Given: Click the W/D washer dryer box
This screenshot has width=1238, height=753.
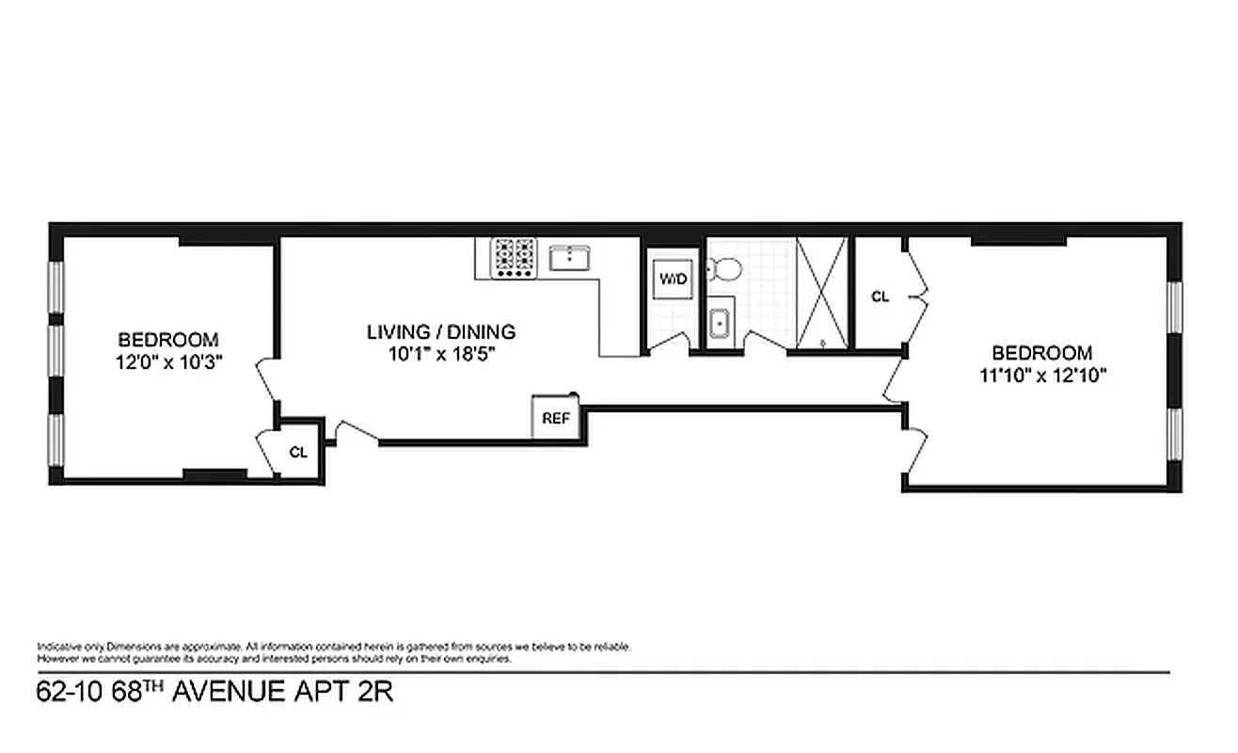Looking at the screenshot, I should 672,279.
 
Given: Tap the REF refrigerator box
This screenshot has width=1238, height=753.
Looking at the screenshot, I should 555,418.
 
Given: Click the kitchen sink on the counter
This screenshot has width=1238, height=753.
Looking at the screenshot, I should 569,257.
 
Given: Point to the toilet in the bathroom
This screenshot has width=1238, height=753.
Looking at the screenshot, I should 725,269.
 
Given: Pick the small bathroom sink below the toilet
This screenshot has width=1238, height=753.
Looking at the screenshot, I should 721,322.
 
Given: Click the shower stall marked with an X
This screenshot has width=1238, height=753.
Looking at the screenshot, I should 821,293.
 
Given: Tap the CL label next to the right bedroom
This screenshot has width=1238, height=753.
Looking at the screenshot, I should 880,296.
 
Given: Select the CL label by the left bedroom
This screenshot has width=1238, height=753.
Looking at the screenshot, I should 298,452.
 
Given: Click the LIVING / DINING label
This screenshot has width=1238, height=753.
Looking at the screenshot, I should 440,331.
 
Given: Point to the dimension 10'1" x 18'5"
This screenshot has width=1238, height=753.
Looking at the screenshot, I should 440,354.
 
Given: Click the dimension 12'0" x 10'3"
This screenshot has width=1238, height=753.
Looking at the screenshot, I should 168,360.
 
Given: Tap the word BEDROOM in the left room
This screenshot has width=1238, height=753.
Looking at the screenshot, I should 168,339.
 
